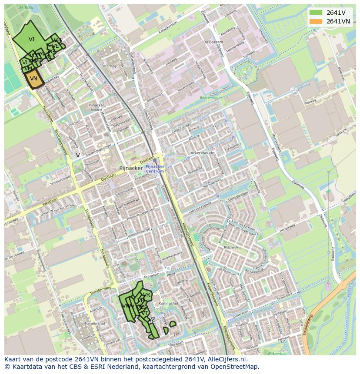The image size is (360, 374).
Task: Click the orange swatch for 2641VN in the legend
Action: (x=316, y=21)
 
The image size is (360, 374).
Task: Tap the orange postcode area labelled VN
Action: (x=33, y=79)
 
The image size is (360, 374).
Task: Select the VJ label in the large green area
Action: (x=31, y=40)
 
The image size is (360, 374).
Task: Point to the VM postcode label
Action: (x=28, y=69)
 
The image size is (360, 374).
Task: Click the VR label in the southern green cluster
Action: (x=147, y=295)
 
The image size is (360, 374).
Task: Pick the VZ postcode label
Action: (x=152, y=320)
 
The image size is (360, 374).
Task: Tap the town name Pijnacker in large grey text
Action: (x=131, y=168)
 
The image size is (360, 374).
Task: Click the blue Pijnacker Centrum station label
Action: (x=155, y=169)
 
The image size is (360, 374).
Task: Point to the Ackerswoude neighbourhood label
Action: (x=202, y=153)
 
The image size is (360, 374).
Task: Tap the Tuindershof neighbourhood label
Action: (x=95, y=324)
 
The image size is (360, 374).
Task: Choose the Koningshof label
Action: (x=168, y=304)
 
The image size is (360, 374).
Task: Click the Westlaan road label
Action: (x=50, y=202)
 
